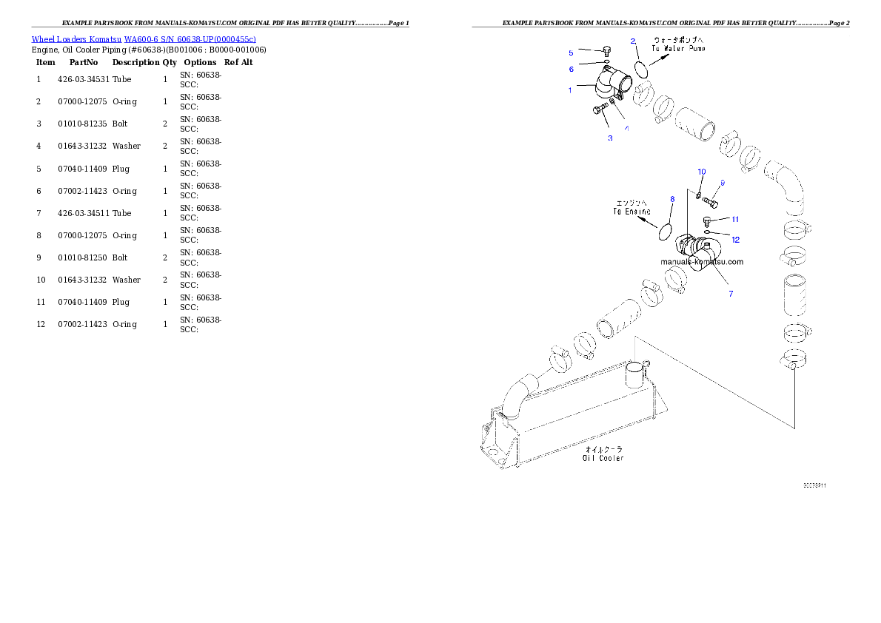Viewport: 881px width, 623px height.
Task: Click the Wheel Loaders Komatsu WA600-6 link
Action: (144, 39)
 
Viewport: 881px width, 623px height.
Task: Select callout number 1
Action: (570, 90)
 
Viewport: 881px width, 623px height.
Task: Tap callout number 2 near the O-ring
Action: (633, 41)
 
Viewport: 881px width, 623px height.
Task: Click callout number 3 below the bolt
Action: (610, 138)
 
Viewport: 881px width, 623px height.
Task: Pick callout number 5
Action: (571, 53)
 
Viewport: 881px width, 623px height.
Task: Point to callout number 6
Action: (571, 69)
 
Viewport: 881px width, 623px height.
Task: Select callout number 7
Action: (731, 294)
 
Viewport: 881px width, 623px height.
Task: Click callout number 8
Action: (672, 199)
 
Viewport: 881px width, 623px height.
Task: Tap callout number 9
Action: (722, 183)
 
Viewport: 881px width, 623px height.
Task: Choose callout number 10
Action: (702, 172)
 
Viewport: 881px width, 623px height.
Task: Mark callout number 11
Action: (735, 219)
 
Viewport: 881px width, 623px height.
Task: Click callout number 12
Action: (735, 239)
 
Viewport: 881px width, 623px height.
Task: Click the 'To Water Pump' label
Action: (678, 48)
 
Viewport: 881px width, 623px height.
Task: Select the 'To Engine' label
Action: (632, 212)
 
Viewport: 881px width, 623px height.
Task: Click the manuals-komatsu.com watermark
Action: (702, 261)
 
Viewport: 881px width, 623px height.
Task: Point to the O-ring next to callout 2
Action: (642, 68)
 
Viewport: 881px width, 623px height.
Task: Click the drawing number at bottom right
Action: (814, 485)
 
